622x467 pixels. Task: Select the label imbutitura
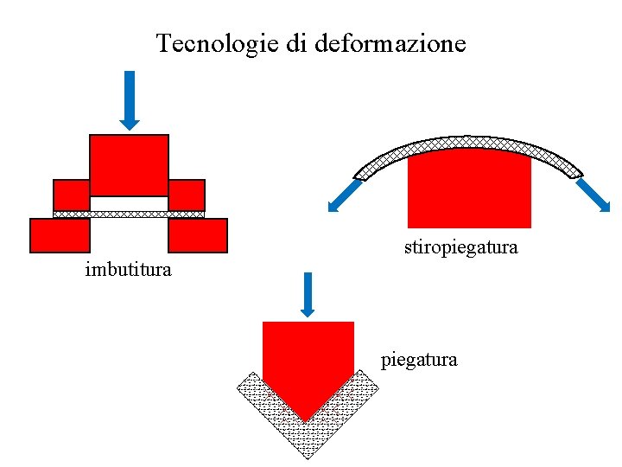tap(129, 270)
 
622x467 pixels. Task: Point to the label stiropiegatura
tap(461, 247)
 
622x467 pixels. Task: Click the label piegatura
tap(419, 359)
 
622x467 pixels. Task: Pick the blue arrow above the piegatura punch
tap(307, 295)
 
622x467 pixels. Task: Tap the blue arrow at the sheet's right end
tap(594, 195)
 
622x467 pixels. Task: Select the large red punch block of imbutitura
tap(129, 164)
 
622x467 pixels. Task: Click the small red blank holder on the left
tap(71, 195)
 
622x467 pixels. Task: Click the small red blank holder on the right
tap(187, 195)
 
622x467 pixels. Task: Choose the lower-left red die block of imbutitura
tap(60, 235)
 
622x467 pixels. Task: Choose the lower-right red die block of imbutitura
tap(198, 235)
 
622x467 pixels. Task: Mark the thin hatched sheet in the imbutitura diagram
tap(129, 214)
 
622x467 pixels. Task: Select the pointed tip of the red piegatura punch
tap(307, 415)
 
